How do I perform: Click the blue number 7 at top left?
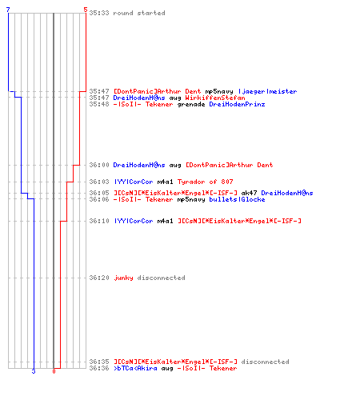pyautogui.click(x=8, y=10)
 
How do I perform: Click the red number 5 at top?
pyautogui.click(x=86, y=10)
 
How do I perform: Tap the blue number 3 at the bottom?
pyautogui.click(x=34, y=371)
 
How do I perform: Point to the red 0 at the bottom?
pyautogui.click(x=54, y=371)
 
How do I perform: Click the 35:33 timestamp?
pyautogui.click(x=99, y=13)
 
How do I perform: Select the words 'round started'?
pyautogui.click(x=139, y=13)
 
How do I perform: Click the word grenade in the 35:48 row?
pyautogui.click(x=191, y=104)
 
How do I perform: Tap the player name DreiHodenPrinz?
pyautogui.click(x=237, y=104)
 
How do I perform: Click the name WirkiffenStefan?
pyautogui.click(x=215, y=98)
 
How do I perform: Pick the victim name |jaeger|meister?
pyautogui.click(x=267, y=91)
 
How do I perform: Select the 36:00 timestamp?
pyautogui.click(x=99, y=165)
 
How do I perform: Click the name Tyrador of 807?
pyautogui.click(x=205, y=182)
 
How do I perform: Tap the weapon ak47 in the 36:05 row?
pyautogui.click(x=249, y=193)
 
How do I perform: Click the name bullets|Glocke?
pyautogui.click(x=237, y=199)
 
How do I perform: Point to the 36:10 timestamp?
pyautogui.click(x=99, y=221)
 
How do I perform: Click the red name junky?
pyautogui.click(x=123, y=278)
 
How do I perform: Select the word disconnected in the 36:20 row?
pyautogui.click(x=161, y=278)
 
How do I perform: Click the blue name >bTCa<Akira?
pyautogui.click(x=135, y=368)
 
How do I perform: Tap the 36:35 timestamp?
pyautogui.click(x=99, y=362)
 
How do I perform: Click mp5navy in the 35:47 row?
pyautogui.click(x=219, y=91)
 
